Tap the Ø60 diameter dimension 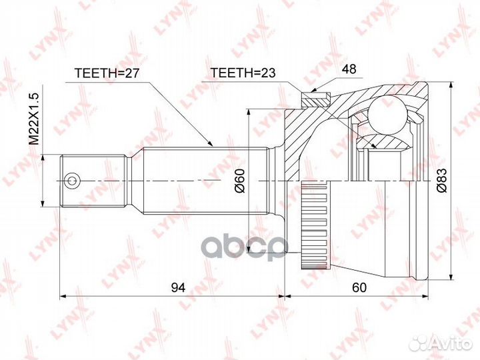241,181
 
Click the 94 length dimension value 178,287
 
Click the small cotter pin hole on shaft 71,180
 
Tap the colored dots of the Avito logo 420,342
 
